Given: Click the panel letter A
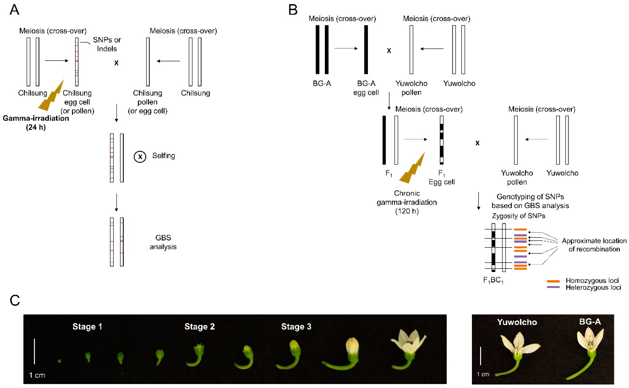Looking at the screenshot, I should coord(14,10).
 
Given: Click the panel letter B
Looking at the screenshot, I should coord(293,10).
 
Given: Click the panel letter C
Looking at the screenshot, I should coord(15,300).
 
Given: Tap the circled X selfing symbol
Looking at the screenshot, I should coord(140,157).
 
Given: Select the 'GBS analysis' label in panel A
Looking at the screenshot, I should coord(163,242).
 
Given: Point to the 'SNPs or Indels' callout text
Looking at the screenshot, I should coord(107,44).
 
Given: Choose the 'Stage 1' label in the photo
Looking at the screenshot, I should coord(87,326).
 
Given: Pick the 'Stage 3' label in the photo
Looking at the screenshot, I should coord(296,326).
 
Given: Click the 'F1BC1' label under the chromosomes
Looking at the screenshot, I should coord(493,280).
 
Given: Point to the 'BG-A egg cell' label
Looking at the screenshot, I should coord(366,88).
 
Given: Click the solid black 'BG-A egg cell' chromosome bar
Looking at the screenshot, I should coord(366,49).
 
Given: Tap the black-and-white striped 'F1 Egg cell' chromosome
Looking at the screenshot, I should coord(441,140).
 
